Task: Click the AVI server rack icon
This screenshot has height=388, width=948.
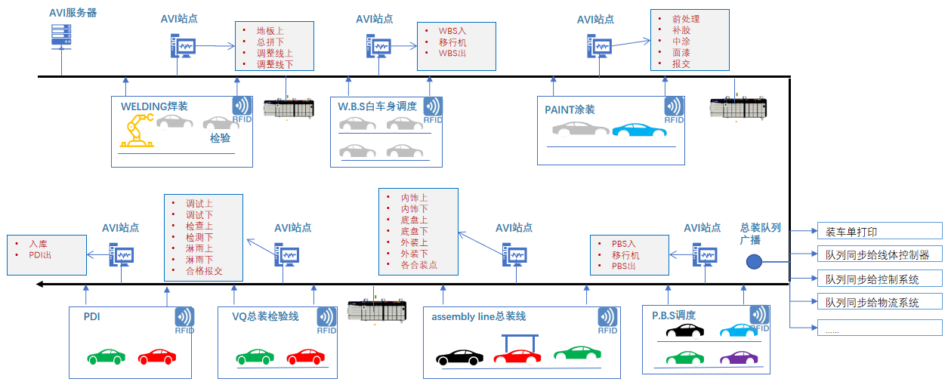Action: point(61,35)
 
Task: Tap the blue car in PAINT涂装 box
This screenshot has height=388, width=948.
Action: point(639,130)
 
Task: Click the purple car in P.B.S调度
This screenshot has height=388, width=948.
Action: point(737,359)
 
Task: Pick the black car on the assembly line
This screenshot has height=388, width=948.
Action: point(459,356)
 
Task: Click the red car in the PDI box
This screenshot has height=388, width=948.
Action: point(156,356)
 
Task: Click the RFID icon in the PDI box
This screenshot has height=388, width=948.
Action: point(184,320)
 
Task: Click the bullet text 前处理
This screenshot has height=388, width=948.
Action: point(686,19)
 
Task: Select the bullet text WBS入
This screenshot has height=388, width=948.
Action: point(452,32)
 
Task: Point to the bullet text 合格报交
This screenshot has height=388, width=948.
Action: point(204,271)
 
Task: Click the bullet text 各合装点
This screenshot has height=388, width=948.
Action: point(418,265)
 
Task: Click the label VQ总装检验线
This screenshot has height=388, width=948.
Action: point(265,317)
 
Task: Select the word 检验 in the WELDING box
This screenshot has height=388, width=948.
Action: point(220,139)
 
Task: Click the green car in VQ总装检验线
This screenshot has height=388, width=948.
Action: point(254,356)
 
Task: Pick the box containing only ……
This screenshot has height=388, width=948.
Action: point(879,328)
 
